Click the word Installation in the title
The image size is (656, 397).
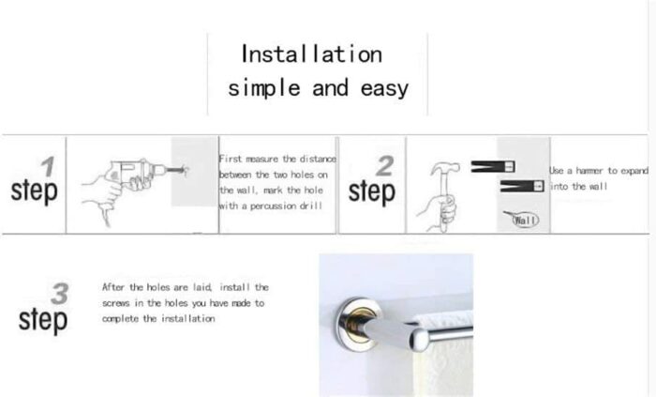click(312, 54)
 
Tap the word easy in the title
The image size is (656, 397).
click(384, 89)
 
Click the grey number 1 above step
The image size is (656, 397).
click(48, 166)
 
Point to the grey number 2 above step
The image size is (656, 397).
click(385, 166)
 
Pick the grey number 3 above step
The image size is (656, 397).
click(59, 294)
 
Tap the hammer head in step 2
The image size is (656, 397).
click(445, 168)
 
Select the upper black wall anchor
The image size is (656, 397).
click(493, 167)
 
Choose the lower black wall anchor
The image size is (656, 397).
click(522, 186)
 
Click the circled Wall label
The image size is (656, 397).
click(526, 220)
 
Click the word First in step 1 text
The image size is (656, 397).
click(231, 160)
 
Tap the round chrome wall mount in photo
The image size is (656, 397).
click(360, 324)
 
